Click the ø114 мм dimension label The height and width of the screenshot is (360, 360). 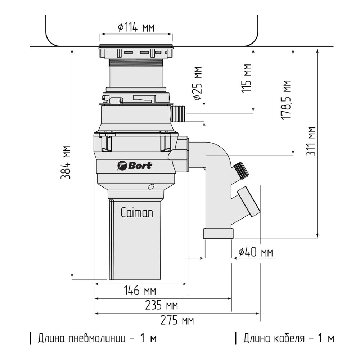point(136,28)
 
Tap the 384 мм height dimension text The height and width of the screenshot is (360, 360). point(66,162)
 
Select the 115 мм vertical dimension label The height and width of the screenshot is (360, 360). point(247,78)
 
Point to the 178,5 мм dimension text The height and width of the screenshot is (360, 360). point(286,100)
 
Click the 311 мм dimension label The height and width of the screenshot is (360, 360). point(311,141)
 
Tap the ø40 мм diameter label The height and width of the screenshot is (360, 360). point(256,252)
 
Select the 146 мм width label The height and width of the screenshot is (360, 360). point(140,291)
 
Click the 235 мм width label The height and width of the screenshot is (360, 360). point(161,305)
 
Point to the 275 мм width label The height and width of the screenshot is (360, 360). point(177,320)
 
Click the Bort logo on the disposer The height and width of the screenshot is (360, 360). point(135,166)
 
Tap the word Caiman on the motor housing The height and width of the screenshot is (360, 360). point(137,213)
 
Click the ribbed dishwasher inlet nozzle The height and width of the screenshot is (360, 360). point(178,114)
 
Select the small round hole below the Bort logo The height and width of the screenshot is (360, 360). point(151,186)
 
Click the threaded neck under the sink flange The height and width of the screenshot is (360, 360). point(136,63)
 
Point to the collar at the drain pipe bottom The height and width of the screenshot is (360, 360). point(219,234)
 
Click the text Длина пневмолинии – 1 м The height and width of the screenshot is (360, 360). point(93,338)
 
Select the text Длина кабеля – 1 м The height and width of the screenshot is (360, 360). point(285,338)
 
